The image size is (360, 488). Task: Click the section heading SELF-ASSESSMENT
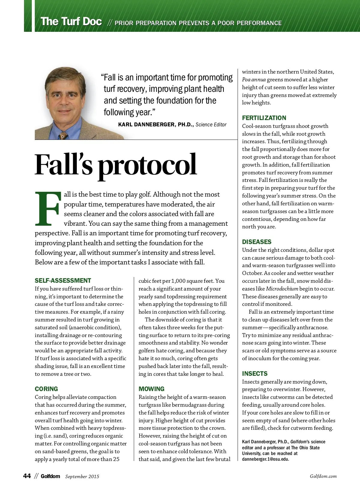coord(63,281)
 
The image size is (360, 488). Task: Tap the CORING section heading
coord(46,389)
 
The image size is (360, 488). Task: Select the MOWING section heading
coord(151,389)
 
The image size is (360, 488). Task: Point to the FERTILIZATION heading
coord(264,118)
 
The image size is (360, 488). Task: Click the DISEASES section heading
coord(256,242)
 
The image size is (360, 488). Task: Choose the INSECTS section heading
coord(255,374)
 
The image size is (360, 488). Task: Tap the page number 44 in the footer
coord(27,476)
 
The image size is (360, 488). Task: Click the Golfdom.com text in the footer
coord(323,476)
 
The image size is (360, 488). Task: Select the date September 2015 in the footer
coord(82,477)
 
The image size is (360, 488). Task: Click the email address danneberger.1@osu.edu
coord(265,459)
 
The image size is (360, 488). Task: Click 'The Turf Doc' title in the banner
coord(71,22)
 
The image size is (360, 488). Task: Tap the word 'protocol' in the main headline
coord(147,165)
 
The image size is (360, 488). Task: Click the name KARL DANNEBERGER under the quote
coord(145,125)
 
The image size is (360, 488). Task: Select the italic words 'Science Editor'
coord(211,125)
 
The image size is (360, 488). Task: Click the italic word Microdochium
coord(282,289)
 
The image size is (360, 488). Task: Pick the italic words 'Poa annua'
coord(253,80)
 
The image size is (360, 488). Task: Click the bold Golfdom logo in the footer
coord(50,476)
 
